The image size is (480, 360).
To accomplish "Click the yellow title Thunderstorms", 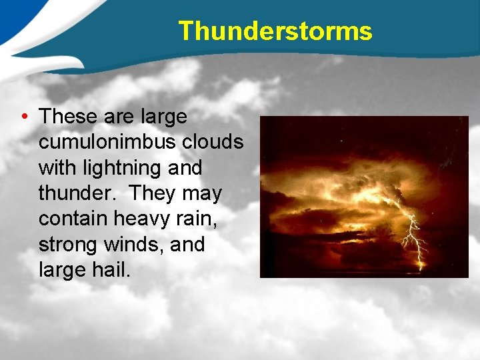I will pos(275,31).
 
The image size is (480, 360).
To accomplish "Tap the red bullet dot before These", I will pos(24,117).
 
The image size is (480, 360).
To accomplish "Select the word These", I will pos(69,117).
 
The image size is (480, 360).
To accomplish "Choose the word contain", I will pos(73,219).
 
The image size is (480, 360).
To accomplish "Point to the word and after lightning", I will pos(185,168).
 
